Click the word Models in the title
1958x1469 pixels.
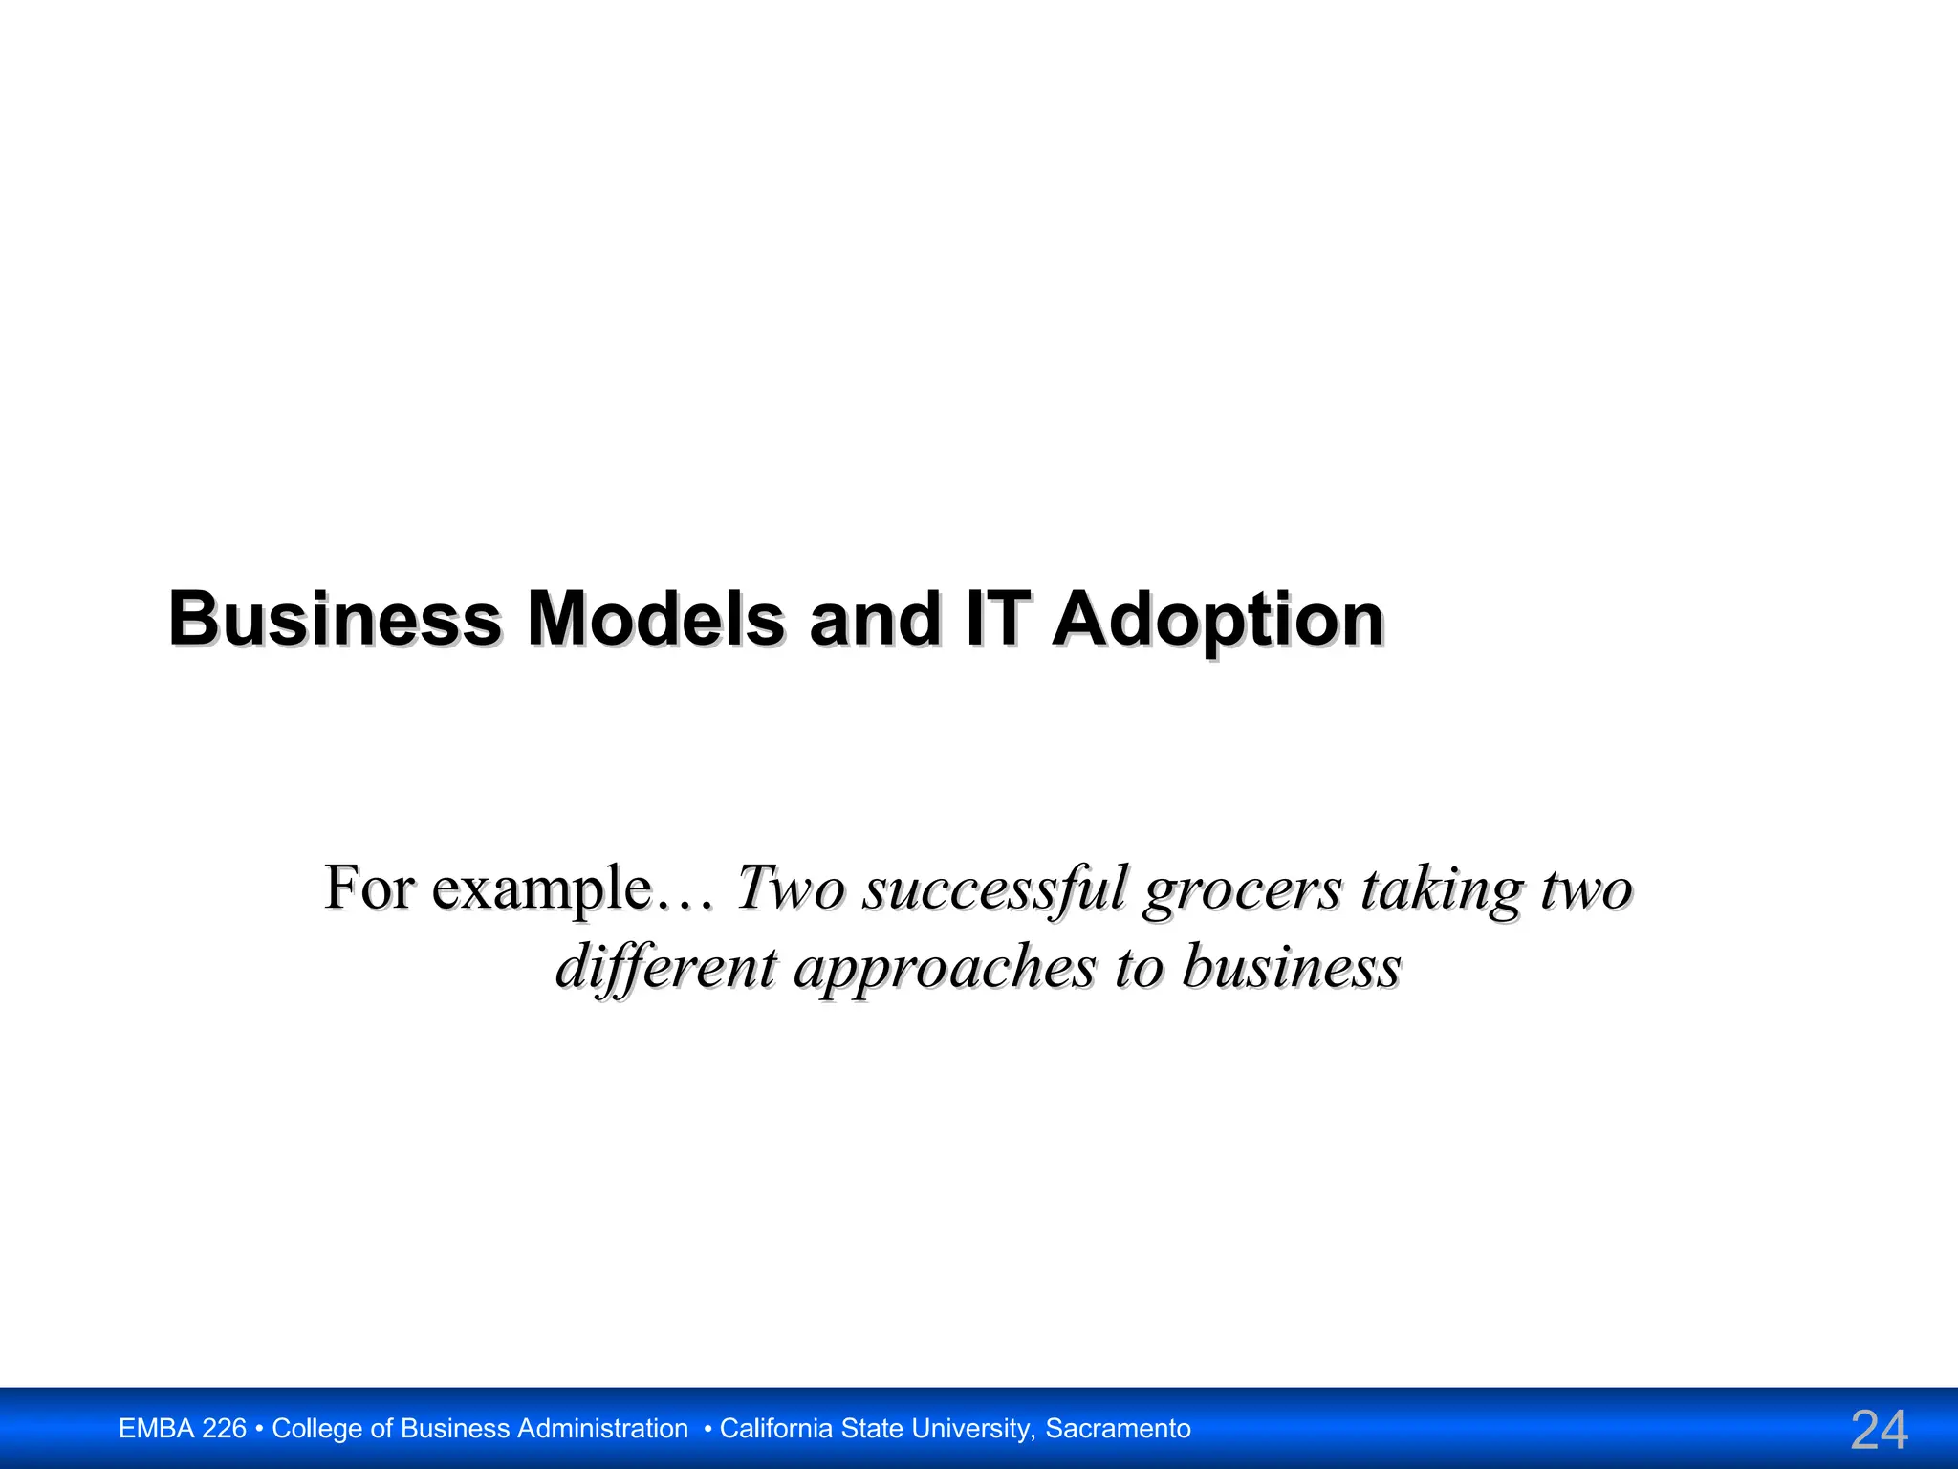655,619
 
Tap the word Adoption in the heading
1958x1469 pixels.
1218,621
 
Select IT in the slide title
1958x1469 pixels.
998,619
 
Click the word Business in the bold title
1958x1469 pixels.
335,619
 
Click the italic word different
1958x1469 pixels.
666,968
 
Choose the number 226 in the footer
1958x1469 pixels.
225,1429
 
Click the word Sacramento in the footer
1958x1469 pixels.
1118,1429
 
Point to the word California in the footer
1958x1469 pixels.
775,1429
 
